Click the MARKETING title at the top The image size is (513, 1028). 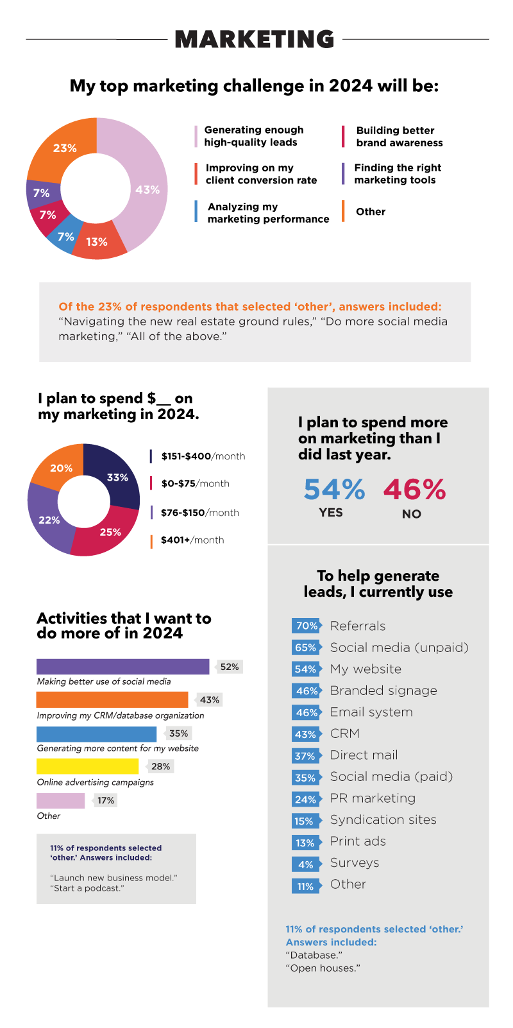point(255,39)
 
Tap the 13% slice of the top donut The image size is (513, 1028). point(97,242)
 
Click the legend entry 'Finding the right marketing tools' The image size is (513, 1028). point(398,174)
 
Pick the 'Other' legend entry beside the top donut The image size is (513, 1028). point(371,212)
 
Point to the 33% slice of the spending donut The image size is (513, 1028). point(118,477)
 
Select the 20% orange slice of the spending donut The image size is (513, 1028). point(62,468)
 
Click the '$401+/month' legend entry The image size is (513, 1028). point(192,540)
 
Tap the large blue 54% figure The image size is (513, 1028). point(334,490)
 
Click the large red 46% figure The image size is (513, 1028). point(414,490)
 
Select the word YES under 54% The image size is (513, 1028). point(331,513)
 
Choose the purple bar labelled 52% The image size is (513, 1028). point(122,667)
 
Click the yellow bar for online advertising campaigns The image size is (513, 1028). point(87,766)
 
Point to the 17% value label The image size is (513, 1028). point(106,800)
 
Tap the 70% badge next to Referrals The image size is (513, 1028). point(307,626)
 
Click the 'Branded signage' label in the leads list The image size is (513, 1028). point(383,690)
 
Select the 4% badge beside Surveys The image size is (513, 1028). point(306,864)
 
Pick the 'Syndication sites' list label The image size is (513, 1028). point(383,819)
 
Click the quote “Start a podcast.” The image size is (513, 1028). point(87,888)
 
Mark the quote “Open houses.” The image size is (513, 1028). point(323,968)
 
